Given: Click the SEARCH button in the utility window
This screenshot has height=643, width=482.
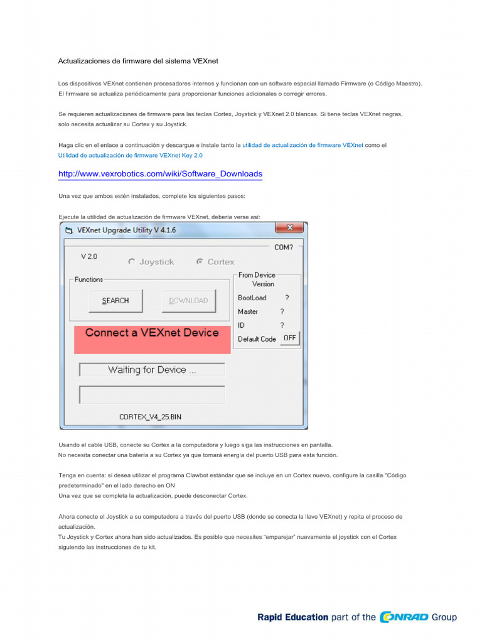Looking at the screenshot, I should pos(115,301).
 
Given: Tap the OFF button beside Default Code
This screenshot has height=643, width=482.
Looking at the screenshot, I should pos(289,338).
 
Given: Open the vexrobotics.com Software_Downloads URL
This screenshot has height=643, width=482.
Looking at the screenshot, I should pos(160,174).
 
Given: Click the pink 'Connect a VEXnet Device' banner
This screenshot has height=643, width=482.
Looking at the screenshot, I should pos(152,333).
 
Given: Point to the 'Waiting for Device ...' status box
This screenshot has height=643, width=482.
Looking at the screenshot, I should pos(152,370).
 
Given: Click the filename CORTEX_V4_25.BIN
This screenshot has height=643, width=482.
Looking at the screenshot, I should pos(150,416).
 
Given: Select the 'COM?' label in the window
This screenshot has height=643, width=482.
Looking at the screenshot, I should pos(284,247).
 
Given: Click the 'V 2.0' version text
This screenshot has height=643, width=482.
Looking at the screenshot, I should pos(89,257).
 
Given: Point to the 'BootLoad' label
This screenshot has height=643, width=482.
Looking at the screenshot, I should pos(252,298).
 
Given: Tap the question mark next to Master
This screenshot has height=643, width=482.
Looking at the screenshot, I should pos(282,311).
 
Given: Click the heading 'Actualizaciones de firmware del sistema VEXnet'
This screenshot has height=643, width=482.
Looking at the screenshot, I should pos(138,61).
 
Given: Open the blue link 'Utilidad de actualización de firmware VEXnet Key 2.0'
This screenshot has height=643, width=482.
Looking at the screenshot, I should pos(131,155).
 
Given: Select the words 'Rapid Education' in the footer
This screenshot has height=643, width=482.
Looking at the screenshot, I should pos(292,617).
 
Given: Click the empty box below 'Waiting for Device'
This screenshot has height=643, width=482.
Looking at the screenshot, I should pos(152,394).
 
